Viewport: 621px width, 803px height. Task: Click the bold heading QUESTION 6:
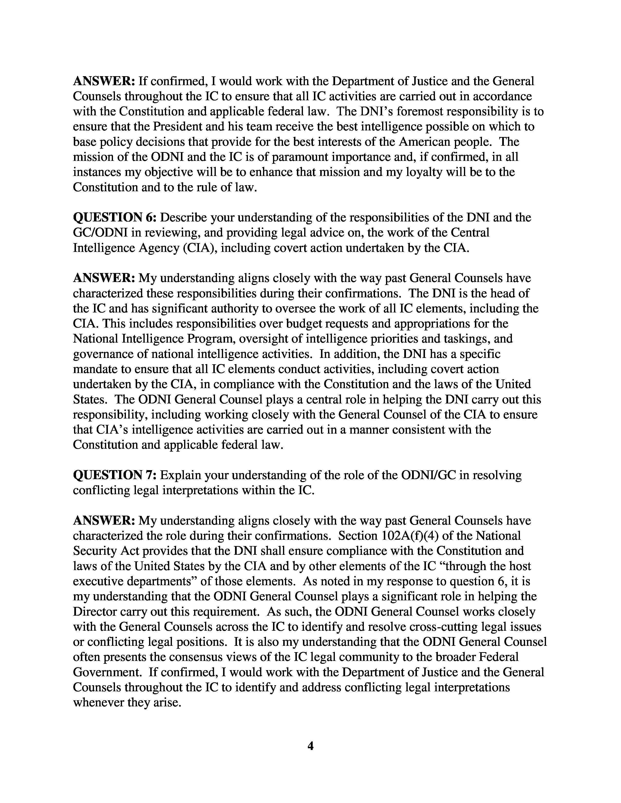115,218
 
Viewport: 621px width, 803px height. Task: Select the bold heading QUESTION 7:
115,475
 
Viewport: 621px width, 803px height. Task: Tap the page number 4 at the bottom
310,746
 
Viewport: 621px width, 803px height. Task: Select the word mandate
97,369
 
